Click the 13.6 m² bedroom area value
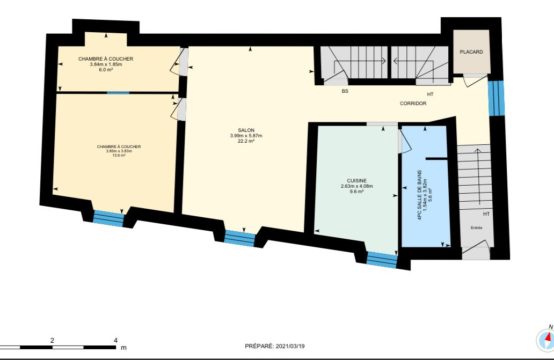click(119, 155)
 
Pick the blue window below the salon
click(236, 237)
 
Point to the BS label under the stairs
click(344, 92)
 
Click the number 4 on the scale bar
click(116, 341)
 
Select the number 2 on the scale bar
click(52, 341)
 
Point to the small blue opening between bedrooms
click(118, 92)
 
